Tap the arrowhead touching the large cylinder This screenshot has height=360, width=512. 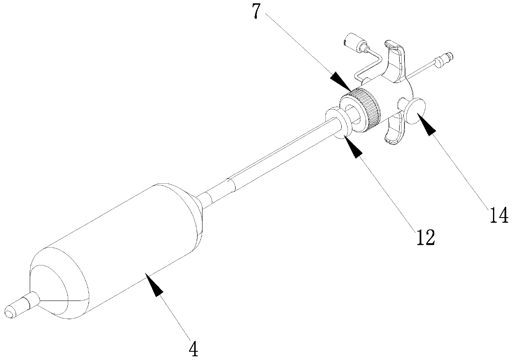pos(155,286)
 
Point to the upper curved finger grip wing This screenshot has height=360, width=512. pos(396,58)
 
